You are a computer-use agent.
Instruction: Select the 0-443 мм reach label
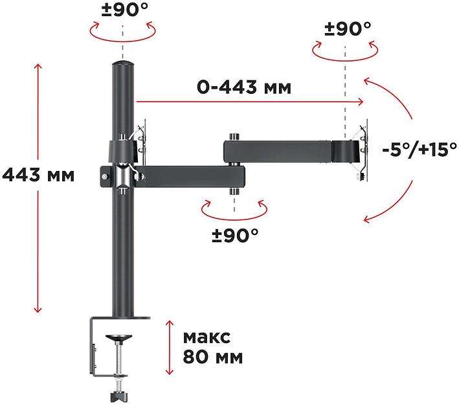(243, 87)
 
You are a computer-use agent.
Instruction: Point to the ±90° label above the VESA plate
(347, 28)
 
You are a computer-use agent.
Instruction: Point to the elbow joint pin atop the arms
(232, 137)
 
